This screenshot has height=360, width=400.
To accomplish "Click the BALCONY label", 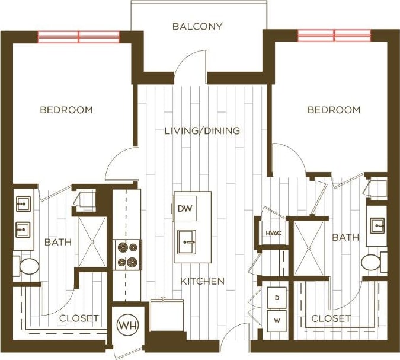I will [x=198, y=26].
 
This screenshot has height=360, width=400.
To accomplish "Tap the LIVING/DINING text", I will [x=202, y=130].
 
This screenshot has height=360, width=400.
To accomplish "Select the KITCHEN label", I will [x=203, y=281].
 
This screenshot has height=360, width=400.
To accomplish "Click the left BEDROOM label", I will [x=66, y=110].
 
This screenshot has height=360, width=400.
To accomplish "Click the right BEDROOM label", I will [x=334, y=110].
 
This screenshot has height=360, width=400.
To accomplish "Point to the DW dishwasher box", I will [x=184, y=209].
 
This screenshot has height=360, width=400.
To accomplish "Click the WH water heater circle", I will [x=126, y=326].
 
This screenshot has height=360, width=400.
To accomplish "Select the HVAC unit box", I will [x=273, y=232].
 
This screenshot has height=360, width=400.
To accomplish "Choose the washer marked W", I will [x=276, y=321].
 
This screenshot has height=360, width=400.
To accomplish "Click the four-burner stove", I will [x=127, y=254].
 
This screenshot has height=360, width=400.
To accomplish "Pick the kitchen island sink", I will [x=188, y=242].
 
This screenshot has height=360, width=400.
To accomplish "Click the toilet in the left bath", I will [x=27, y=267].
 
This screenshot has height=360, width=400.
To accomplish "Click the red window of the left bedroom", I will [x=79, y=37].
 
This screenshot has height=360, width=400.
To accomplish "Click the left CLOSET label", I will [x=79, y=318].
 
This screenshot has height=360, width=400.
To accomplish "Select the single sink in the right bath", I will [x=376, y=226].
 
